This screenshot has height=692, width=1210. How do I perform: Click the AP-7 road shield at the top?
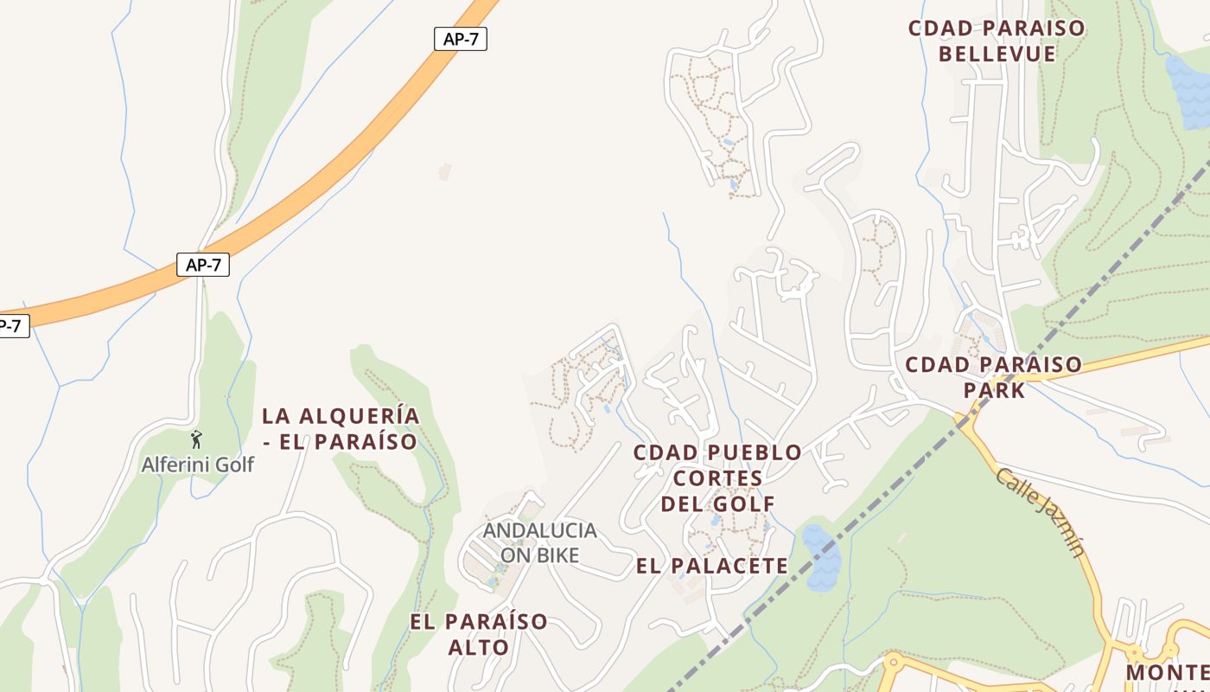point(460,39)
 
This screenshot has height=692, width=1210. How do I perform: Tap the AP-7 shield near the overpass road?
point(203,265)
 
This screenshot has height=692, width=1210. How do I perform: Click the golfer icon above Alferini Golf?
point(197,439)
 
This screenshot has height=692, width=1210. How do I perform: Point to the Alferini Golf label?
point(198,465)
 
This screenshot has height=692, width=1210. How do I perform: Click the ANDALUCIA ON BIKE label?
point(539,542)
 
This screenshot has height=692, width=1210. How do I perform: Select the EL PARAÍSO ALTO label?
point(479,633)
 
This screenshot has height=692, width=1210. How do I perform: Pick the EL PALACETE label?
point(712,567)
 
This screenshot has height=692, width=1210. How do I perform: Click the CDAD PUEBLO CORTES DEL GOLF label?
point(717,477)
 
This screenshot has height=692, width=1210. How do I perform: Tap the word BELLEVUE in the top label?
point(997,54)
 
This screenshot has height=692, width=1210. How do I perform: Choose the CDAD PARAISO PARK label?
point(993,377)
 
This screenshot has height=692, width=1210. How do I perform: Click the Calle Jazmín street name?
point(1041,512)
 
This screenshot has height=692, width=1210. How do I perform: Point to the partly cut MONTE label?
point(1167,672)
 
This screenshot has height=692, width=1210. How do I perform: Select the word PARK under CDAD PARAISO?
point(995,390)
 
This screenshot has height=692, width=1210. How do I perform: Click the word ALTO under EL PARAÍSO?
point(479,646)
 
